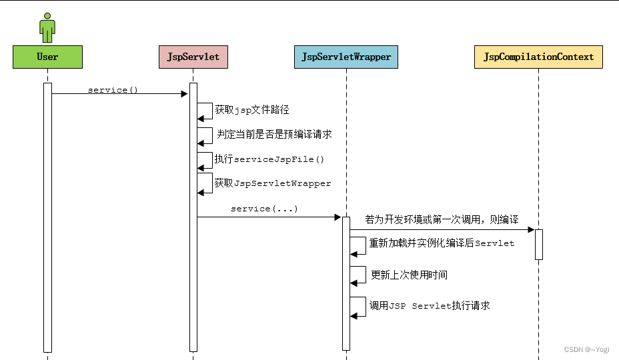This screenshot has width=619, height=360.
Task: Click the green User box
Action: pyautogui.click(x=47, y=57)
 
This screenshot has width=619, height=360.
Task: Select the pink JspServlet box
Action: pyautogui.click(x=193, y=57)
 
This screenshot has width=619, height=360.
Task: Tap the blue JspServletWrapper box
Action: pyautogui.click(x=346, y=57)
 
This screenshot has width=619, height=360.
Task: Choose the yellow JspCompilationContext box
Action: pyautogui.click(x=538, y=57)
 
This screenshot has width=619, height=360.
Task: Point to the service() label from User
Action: pyautogui.click(x=113, y=89)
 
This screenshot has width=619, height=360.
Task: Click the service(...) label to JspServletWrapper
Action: pyautogui.click(x=264, y=209)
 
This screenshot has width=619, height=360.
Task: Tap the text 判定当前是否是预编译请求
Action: pyautogui.click(x=274, y=134)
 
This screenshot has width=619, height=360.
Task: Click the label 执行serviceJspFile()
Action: pyautogui.click(x=269, y=159)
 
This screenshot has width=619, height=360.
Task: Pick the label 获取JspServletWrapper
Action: pyautogui.click(x=272, y=183)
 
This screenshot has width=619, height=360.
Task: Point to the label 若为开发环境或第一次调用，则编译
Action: pyautogui.click(x=442, y=219)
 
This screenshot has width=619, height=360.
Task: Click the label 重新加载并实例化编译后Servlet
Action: pyautogui.click(x=442, y=243)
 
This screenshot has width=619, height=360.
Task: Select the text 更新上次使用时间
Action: pyautogui.click(x=409, y=275)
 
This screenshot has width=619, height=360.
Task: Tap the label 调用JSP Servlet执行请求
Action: pyautogui.click(x=430, y=305)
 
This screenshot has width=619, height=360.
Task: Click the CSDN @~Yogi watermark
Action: pyautogui.click(x=586, y=349)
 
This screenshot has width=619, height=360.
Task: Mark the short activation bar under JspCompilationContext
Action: pyautogui.click(x=538, y=244)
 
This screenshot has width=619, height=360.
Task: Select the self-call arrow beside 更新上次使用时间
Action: pyautogui.click(x=359, y=275)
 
